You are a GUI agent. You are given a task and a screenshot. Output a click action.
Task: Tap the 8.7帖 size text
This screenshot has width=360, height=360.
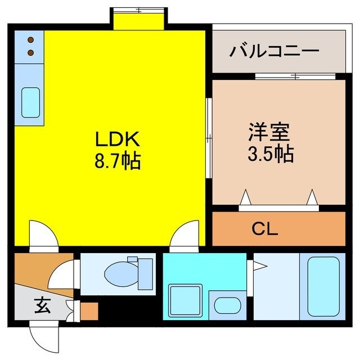[117, 163]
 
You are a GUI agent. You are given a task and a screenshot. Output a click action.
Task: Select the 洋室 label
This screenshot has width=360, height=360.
[269, 132]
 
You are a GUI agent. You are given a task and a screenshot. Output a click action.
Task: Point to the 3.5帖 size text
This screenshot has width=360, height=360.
[270, 154]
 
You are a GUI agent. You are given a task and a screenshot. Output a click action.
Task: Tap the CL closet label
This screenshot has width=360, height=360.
[265, 229]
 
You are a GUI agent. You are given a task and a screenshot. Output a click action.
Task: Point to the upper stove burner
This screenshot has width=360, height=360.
[30, 40]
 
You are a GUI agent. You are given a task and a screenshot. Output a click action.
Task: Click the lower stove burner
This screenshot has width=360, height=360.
[30, 53]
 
